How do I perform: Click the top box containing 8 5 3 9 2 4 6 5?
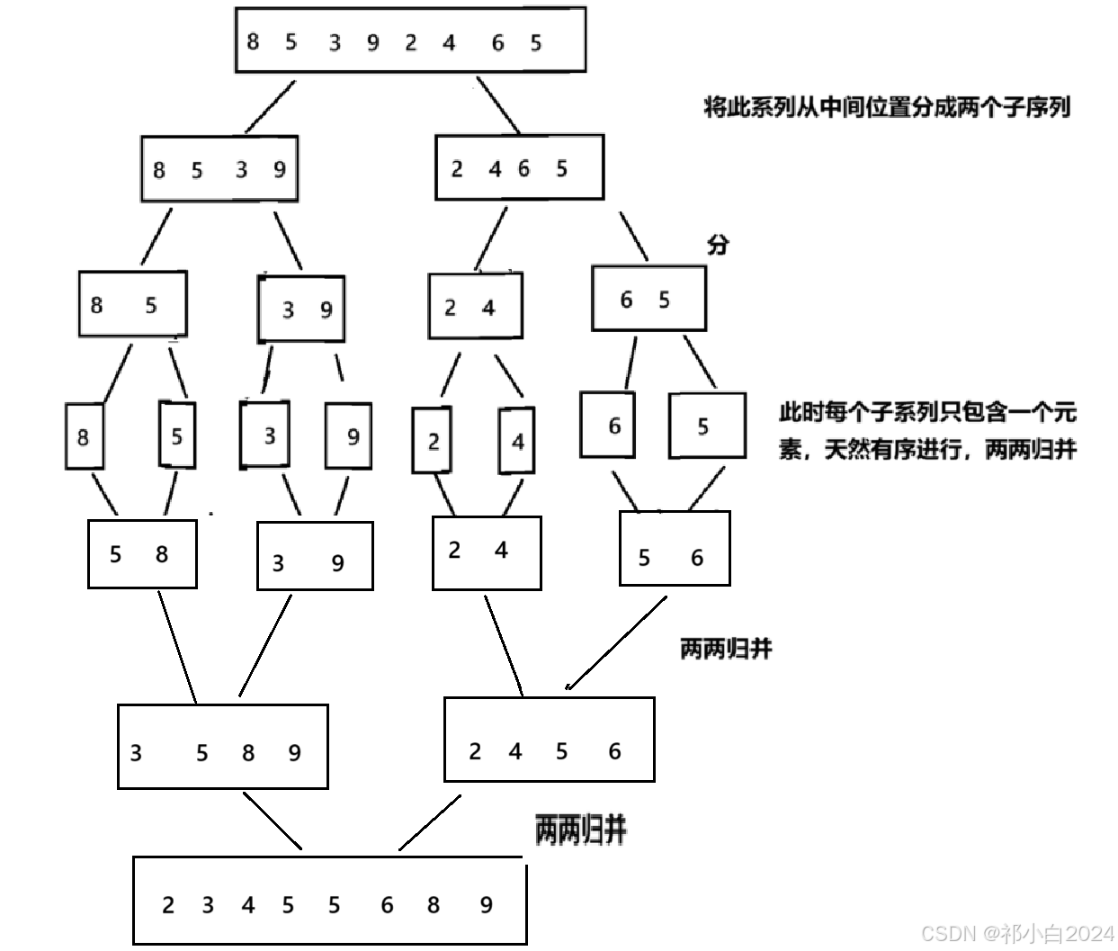point(410,40)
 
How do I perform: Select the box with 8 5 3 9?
point(219,169)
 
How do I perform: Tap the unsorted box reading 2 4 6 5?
point(519,167)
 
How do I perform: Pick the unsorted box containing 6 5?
point(648,299)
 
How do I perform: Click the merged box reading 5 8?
point(142,553)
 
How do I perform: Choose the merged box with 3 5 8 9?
point(222,747)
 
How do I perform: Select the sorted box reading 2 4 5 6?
point(549,740)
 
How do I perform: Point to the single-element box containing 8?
point(84,436)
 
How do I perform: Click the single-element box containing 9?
point(349,436)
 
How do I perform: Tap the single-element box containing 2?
point(434,440)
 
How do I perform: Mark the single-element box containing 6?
point(607,425)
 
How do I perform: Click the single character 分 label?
point(718,244)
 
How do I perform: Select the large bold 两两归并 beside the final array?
point(581,829)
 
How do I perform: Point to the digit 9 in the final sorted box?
point(486,904)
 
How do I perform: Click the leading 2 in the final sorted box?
point(168,904)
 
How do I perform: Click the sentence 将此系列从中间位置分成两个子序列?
point(886,107)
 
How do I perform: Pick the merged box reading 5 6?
point(675,549)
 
